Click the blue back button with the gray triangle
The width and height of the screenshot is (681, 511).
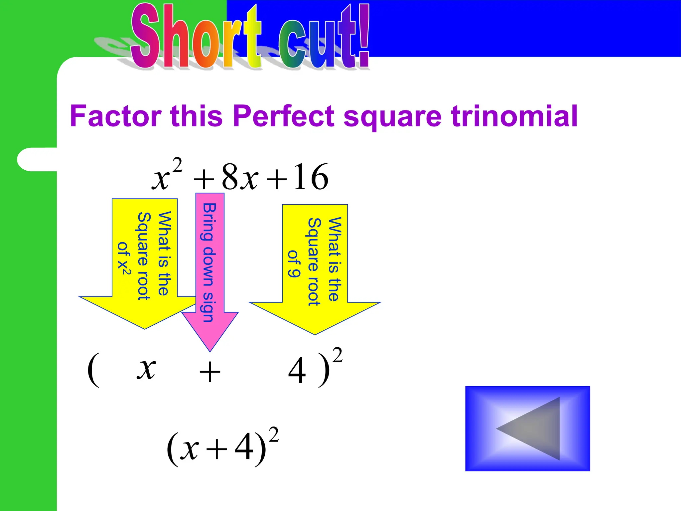click(527, 428)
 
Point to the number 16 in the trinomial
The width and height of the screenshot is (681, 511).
click(311, 177)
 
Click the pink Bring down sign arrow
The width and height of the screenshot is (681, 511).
click(210, 266)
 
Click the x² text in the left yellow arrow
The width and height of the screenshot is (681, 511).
click(124, 268)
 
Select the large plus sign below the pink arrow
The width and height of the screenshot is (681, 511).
click(209, 372)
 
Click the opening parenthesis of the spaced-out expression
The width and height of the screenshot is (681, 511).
click(93, 370)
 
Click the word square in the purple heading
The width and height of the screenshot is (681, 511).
click(392, 116)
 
